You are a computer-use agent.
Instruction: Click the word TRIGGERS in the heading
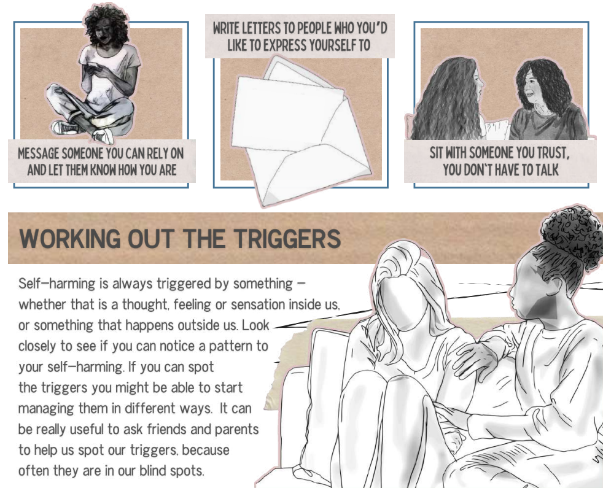287,238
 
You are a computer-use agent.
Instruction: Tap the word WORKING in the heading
70,238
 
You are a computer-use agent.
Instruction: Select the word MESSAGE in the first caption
38,154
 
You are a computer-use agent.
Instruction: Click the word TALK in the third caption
545,169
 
